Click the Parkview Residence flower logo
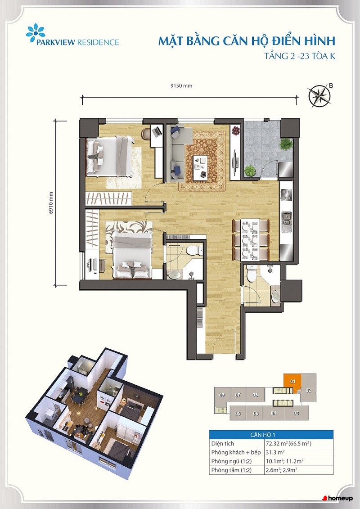click(x=36, y=32)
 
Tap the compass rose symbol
click(x=320, y=96)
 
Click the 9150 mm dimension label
click(x=181, y=86)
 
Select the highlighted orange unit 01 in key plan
click(x=292, y=381)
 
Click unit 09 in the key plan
click(x=222, y=395)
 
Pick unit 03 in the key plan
click(x=296, y=413)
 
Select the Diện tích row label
click(x=222, y=443)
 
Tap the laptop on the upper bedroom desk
click(x=157, y=131)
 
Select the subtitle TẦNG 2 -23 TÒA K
click(x=300, y=56)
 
